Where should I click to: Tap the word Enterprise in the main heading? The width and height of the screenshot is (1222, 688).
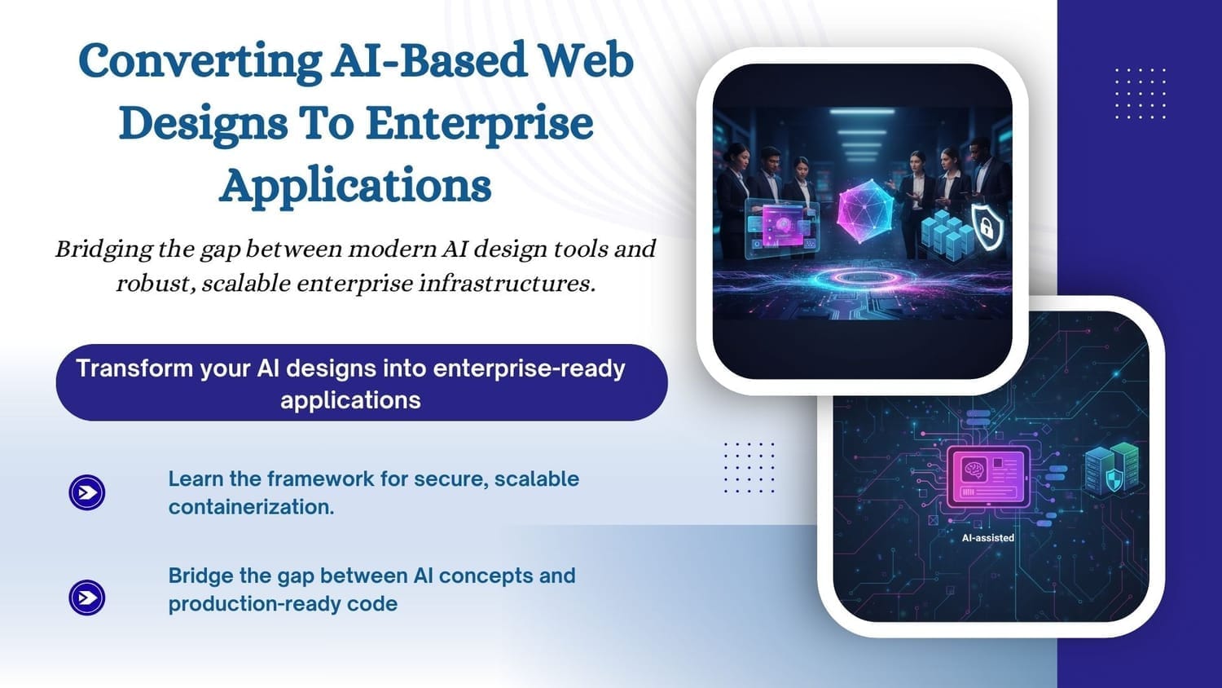pyautogui.click(x=480, y=124)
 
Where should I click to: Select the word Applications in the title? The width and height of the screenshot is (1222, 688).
pyautogui.click(x=355, y=186)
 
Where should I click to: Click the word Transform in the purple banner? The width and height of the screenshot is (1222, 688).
pyautogui.click(x=134, y=368)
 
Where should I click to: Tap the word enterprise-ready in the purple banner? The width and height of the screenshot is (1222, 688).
pyautogui.click(x=529, y=369)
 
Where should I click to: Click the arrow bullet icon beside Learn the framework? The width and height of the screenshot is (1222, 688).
pyautogui.click(x=86, y=492)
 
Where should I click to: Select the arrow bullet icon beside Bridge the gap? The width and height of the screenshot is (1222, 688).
pyautogui.click(x=86, y=598)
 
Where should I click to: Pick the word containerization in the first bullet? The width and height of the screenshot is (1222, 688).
pyautogui.click(x=251, y=507)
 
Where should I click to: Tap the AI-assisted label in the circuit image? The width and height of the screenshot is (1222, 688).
pyautogui.click(x=988, y=538)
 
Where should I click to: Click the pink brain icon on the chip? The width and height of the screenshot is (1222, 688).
pyautogui.click(x=974, y=470)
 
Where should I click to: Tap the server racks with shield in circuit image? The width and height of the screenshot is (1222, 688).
pyautogui.click(x=1112, y=470)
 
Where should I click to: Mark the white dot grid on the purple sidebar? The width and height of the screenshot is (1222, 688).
pyautogui.click(x=1140, y=94)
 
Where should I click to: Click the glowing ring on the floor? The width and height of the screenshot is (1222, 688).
pyautogui.click(x=865, y=279)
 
